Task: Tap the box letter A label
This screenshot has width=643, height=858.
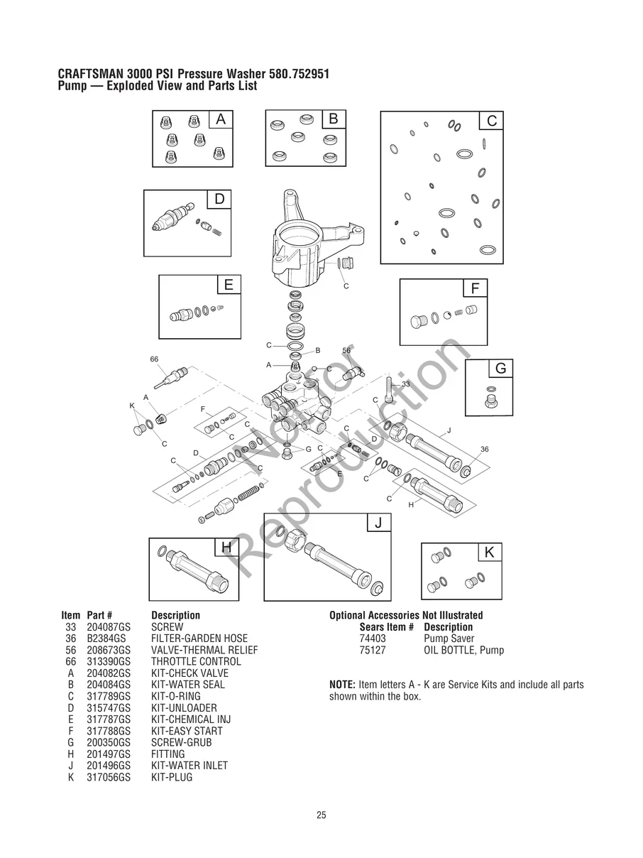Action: click(x=221, y=120)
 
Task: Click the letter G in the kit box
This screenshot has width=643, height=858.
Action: click(x=500, y=369)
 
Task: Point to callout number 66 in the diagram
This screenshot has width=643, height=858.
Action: click(x=154, y=359)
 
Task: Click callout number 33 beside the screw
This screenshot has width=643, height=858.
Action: click(x=406, y=384)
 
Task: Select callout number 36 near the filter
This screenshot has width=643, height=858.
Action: click(x=484, y=450)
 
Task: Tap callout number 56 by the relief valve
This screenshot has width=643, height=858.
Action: click(x=346, y=351)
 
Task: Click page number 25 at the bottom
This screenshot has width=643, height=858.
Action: click(x=321, y=815)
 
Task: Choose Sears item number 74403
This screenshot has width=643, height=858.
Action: click(x=373, y=639)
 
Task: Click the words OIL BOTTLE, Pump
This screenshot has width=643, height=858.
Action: click(x=463, y=650)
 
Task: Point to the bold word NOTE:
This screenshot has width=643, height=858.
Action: click(x=342, y=685)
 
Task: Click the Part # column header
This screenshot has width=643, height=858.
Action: click(x=99, y=615)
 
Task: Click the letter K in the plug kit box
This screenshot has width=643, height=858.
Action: click(x=490, y=553)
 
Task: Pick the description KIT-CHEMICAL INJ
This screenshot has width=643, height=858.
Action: click(x=191, y=719)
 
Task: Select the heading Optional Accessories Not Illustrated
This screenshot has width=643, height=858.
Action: click(x=405, y=615)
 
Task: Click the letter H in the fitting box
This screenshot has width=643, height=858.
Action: click(x=226, y=547)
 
